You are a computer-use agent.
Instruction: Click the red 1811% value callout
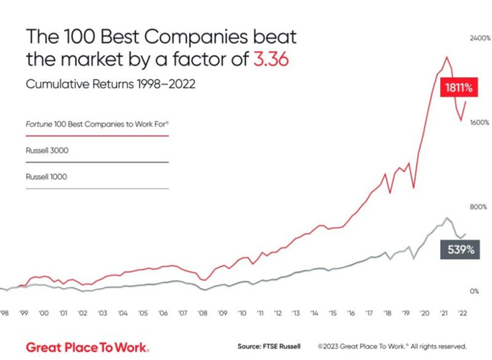click(456, 87)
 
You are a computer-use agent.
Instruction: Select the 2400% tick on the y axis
click(460, 39)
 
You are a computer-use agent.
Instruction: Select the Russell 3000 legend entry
click(47, 150)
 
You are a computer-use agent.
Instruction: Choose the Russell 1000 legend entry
click(47, 177)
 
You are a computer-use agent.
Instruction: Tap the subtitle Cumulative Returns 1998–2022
click(111, 85)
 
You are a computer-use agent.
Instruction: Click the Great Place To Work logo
click(87, 346)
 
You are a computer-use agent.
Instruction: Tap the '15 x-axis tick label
click(333, 313)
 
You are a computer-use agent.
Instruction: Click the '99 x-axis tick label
click(23, 313)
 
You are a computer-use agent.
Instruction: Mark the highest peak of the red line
click(447, 57)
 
